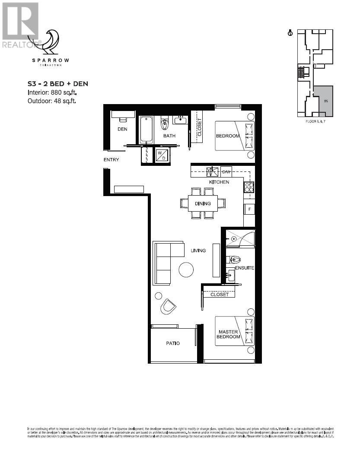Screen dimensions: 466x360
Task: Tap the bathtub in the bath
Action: [146, 129]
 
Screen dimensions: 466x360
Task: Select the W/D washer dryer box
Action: [162, 155]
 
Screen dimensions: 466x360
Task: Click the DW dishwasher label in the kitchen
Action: [226, 171]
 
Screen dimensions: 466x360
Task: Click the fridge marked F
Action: [249, 209]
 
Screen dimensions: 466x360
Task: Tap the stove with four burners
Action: [249, 187]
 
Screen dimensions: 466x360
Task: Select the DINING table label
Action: [203, 203]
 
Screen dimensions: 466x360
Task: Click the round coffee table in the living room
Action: [187, 270]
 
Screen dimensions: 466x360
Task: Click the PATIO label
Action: [173, 343]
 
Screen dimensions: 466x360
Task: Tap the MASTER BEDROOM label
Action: [229, 334]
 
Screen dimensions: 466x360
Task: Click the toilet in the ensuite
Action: [234, 260]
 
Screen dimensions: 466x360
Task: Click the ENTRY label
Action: [111, 160]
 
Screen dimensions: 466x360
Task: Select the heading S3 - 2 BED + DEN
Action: [57, 84]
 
